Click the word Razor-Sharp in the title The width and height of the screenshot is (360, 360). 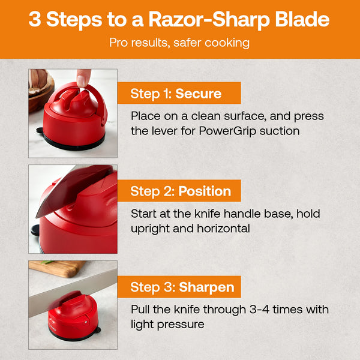click(209, 20)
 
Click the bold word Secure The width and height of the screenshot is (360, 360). click(199, 94)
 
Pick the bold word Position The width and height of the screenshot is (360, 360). click(205, 191)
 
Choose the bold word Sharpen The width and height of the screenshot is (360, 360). click(206, 287)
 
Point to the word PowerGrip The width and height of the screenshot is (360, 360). click(227, 131)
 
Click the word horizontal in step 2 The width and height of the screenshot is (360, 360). click(223, 229)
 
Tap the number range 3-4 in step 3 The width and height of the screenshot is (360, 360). click(259, 309)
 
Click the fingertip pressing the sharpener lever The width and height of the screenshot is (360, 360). click(83, 79)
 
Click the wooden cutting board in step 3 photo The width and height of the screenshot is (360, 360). click(58, 268)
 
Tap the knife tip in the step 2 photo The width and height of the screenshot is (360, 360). click(36, 217)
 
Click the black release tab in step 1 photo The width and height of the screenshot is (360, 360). click(40, 130)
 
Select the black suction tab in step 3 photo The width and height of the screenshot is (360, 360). click(98, 330)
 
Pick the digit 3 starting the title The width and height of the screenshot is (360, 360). click(35, 19)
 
